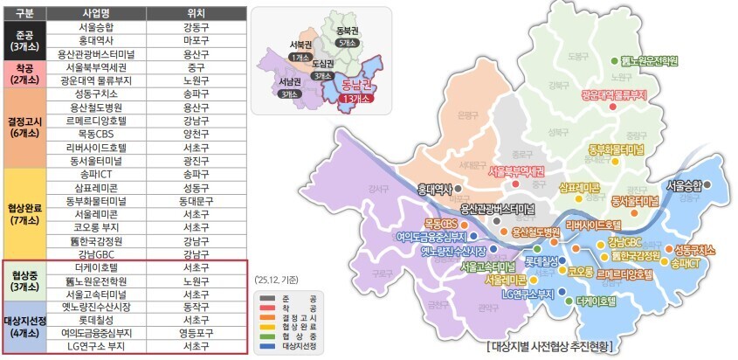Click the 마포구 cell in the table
point(196,40)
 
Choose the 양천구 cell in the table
point(196,135)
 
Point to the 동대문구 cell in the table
point(196,199)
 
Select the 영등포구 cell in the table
point(196,333)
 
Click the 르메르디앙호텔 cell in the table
point(101,121)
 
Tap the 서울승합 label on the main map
point(684,185)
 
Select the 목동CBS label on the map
point(440,224)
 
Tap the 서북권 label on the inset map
point(301,44)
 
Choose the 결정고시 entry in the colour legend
point(295,317)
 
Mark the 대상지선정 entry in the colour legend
point(298,348)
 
